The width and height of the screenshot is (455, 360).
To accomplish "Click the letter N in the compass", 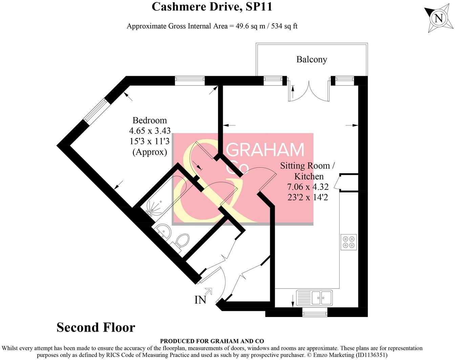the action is [x=439, y=19].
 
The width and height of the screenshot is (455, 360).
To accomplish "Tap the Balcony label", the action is [x=312, y=60].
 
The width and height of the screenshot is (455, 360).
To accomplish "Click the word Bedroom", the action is [x=150, y=120].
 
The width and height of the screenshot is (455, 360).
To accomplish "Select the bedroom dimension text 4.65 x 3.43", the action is [x=150, y=131].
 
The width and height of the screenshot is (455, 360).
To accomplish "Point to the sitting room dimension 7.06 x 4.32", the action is [x=308, y=187].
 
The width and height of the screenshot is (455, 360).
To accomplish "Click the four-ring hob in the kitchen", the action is [x=348, y=242].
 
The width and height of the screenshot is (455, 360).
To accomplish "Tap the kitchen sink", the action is [x=314, y=298].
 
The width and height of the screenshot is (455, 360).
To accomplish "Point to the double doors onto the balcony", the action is [x=309, y=91].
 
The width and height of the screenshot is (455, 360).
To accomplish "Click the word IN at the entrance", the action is [x=200, y=300].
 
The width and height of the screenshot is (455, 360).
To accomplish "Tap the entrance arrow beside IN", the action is [x=209, y=291].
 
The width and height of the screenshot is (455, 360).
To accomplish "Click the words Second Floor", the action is [x=96, y=328].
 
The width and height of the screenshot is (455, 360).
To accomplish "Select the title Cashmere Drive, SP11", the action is [x=212, y=7].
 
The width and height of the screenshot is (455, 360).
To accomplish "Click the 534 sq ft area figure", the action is [x=284, y=26].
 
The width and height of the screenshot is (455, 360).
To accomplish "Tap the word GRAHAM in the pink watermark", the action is [x=265, y=150].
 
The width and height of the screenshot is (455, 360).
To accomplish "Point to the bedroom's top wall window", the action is [x=190, y=81].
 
